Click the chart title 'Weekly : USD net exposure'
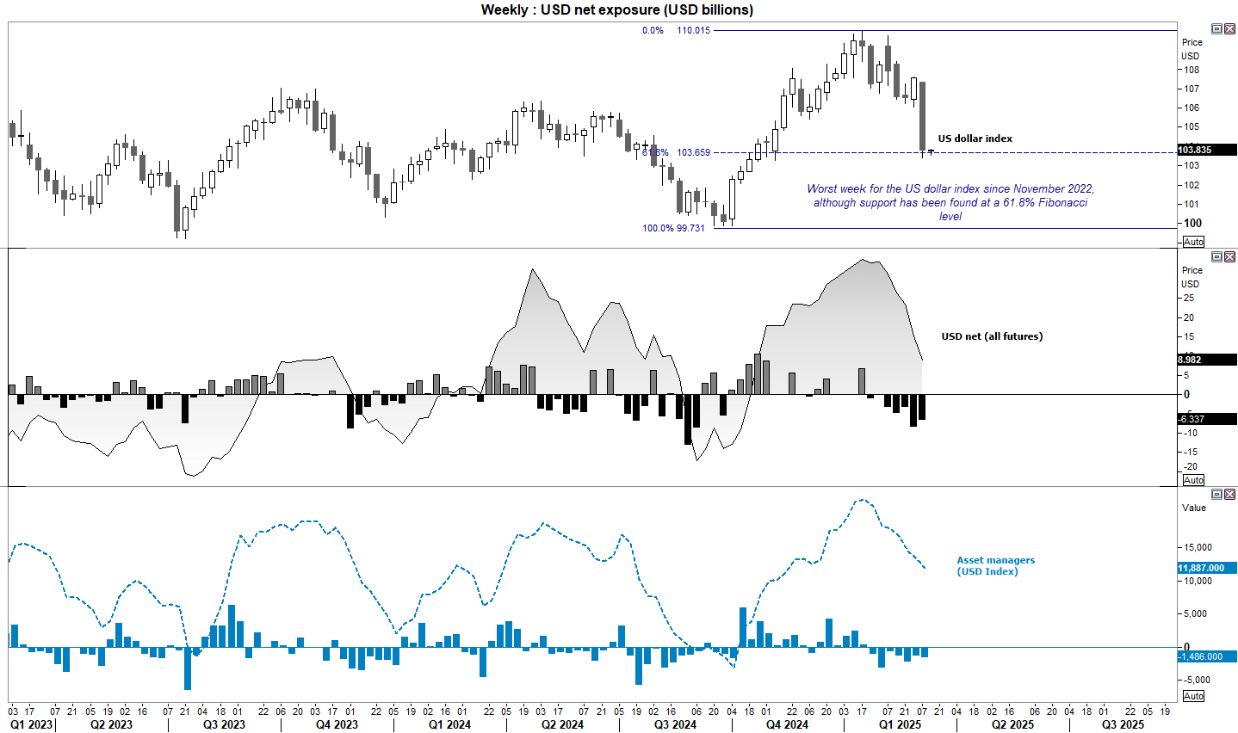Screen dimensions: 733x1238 [x=616, y=10]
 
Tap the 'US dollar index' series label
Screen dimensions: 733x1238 [x=975, y=139]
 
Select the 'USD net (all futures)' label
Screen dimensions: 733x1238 [x=992, y=336]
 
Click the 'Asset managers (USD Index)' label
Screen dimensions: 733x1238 [x=995, y=565]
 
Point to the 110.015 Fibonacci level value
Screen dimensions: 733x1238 [x=693, y=30]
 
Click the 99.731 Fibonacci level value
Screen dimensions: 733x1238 [x=690, y=228]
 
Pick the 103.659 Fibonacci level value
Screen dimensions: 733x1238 [x=693, y=152]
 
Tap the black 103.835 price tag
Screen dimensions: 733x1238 [x=1194, y=150]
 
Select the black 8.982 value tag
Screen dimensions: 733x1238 [x=1190, y=360]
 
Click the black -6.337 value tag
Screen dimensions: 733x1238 [x=1192, y=419]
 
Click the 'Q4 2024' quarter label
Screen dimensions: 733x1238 [x=787, y=724]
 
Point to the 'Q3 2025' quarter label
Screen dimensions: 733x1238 [x=1123, y=724]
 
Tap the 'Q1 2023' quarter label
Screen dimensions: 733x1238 [x=31, y=724]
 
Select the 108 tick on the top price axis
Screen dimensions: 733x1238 [x=1192, y=71]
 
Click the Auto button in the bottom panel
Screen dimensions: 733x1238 [x=1193, y=696]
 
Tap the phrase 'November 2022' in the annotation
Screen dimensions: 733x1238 [x=1054, y=188]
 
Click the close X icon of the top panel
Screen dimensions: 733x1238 [x=1229, y=28]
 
